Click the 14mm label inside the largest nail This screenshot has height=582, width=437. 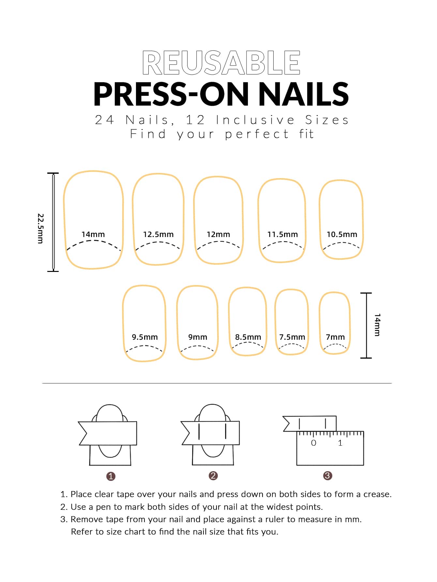(x=93, y=234)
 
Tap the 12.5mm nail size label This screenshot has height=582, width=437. (x=158, y=234)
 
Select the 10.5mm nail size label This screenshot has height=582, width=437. (x=342, y=234)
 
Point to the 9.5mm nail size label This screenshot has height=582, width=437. (x=144, y=337)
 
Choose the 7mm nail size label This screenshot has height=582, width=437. (x=335, y=337)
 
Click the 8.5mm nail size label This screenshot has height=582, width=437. (x=248, y=337)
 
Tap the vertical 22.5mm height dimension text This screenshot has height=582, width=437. (x=40, y=229)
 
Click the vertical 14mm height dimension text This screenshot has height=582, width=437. (x=377, y=325)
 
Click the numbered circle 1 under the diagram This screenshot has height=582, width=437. (x=111, y=476)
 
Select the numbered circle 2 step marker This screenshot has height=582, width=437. (x=213, y=475)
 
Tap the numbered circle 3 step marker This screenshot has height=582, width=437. (x=327, y=475)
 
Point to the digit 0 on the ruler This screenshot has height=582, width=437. (x=314, y=443)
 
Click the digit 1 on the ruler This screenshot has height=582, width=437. (x=340, y=443)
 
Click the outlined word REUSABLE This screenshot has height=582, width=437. (x=221, y=63)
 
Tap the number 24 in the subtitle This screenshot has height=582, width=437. (x=104, y=120)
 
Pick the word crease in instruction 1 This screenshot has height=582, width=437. (x=377, y=494)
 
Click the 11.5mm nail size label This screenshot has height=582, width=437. (x=282, y=234)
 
